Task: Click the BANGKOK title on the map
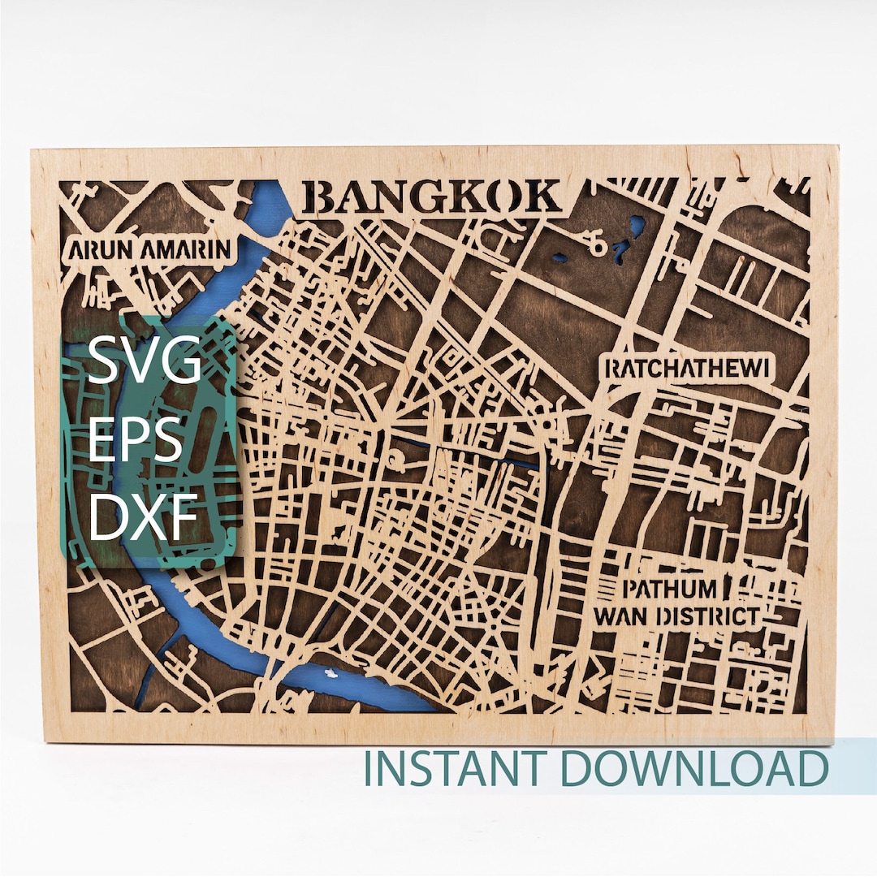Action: pyautogui.click(x=435, y=198)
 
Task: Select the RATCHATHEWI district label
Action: pyautogui.click(x=687, y=369)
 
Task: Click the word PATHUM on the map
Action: pyautogui.click(x=670, y=589)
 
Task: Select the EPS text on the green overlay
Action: pyautogui.click(x=135, y=441)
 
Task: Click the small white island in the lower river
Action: pyautogui.click(x=330, y=673)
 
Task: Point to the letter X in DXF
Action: pyautogui.click(x=145, y=517)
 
